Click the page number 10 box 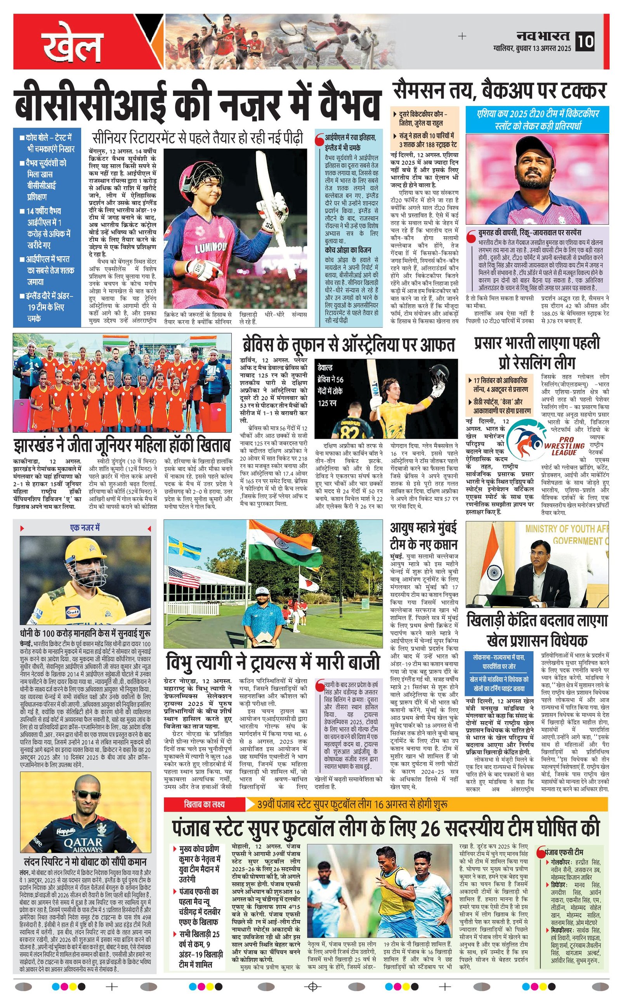pyautogui.click(x=585, y=42)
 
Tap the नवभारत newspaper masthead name pyautogui.click(x=543, y=36)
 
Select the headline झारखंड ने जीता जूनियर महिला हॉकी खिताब pyautogui.click(x=121, y=446)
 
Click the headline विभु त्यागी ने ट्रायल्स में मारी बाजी pyautogui.click(x=273, y=662)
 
